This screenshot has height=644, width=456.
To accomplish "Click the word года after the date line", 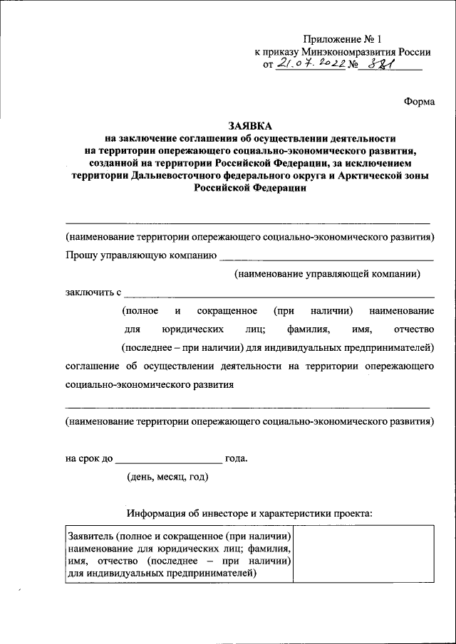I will click(x=237, y=458).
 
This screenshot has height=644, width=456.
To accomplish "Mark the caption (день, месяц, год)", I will click(x=167, y=476).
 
